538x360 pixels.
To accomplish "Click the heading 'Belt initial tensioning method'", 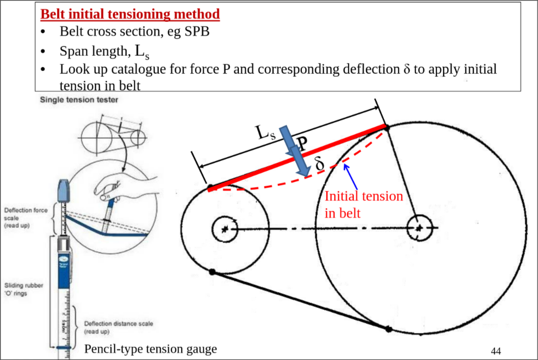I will [x=130, y=14].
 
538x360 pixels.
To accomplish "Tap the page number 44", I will [x=496, y=351].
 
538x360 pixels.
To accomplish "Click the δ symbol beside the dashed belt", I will [x=320, y=163].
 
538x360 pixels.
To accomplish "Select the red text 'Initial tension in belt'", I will [x=363, y=204].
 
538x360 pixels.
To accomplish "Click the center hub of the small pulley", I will [x=225, y=229].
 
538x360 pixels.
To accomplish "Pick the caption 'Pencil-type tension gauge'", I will [x=150, y=349].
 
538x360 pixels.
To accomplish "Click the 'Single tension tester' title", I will [x=79, y=100].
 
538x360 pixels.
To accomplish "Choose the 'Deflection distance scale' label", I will [x=118, y=327].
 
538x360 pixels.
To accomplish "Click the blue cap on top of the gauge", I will [x=64, y=191].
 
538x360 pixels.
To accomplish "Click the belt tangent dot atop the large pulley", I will [x=387, y=127].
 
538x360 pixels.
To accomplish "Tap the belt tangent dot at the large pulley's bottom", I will [x=389, y=329].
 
